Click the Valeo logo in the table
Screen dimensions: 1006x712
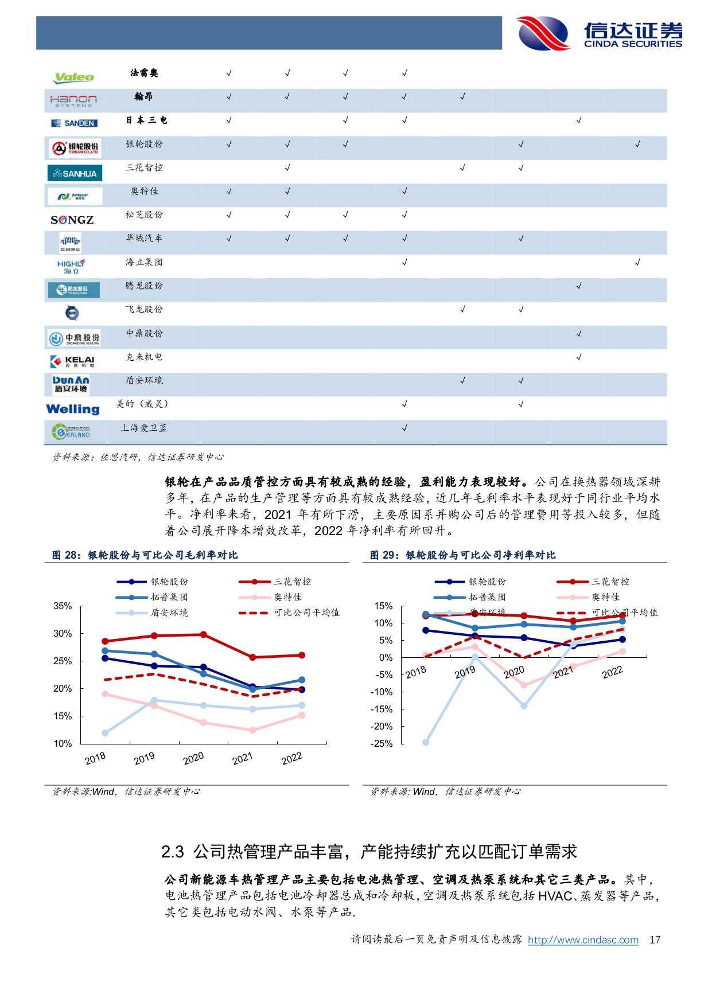pyautogui.click(x=73, y=77)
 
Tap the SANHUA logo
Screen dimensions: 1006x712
pyautogui.click(x=75, y=173)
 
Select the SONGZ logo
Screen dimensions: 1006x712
pyautogui.click(x=72, y=220)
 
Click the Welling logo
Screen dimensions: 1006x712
pyautogui.click(x=72, y=409)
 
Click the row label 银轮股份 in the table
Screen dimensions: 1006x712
pyautogui.click(x=144, y=144)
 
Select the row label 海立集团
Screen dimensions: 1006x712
pyautogui.click(x=144, y=262)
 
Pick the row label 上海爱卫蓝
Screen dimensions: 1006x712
pyautogui.click(x=144, y=428)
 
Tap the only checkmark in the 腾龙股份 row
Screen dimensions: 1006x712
pyautogui.click(x=579, y=286)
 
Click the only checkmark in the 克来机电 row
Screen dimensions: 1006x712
pyautogui.click(x=579, y=357)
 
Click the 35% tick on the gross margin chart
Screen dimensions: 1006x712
pyautogui.click(x=63, y=606)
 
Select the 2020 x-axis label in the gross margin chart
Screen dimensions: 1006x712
pyautogui.click(x=193, y=759)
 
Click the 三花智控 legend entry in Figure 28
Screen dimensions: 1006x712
pyautogui.click(x=292, y=582)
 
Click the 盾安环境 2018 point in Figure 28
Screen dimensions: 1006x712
pyautogui.click(x=105, y=733)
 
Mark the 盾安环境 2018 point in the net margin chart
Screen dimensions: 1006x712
pyautogui.click(x=426, y=742)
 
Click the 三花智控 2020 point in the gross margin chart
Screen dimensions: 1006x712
pyautogui.click(x=204, y=634)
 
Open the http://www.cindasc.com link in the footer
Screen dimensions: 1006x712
pyautogui.click(x=583, y=940)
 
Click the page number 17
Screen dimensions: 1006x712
pyautogui.click(x=655, y=940)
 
